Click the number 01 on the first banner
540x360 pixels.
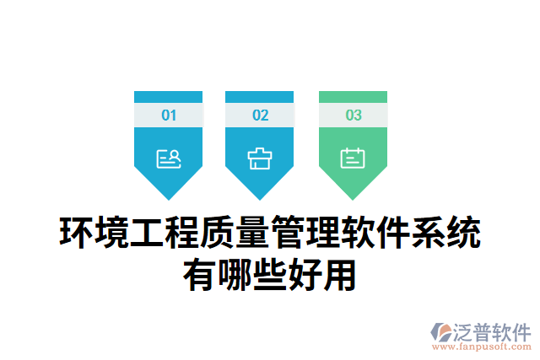(169, 116)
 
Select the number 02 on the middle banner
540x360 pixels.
(260, 116)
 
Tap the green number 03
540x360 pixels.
(353, 116)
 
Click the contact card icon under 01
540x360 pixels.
(169, 158)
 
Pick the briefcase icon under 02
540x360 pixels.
(260, 158)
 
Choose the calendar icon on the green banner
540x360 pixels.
(353, 158)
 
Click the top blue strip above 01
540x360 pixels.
(169, 96)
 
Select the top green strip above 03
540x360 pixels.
(353, 96)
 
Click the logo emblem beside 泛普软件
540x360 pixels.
(441, 331)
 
